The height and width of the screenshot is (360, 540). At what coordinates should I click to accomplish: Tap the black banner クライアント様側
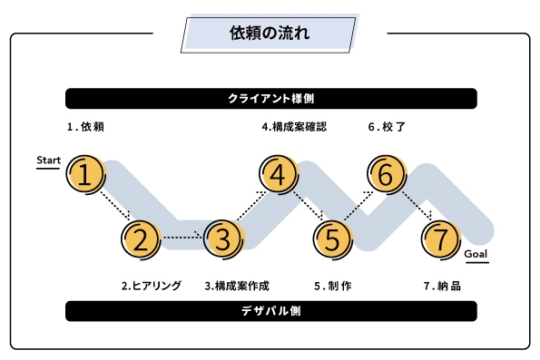coord(270,98)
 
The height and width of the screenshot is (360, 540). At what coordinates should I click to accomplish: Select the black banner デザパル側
coord(270,311)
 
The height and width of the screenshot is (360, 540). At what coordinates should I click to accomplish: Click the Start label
coord(48,161)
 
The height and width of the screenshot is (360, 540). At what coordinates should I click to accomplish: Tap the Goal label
coord(476,254)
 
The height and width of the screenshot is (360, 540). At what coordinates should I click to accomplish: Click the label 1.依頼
coord(85,127)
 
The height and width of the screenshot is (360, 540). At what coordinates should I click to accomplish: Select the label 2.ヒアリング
coord(152,286)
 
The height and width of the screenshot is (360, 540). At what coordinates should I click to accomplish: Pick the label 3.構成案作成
coord(237,286)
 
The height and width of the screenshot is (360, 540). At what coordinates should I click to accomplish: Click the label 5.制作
coord(333,286)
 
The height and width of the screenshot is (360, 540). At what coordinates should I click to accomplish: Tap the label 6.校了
coord(387,127)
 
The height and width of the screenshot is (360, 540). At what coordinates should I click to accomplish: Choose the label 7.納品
coord(442,286)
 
